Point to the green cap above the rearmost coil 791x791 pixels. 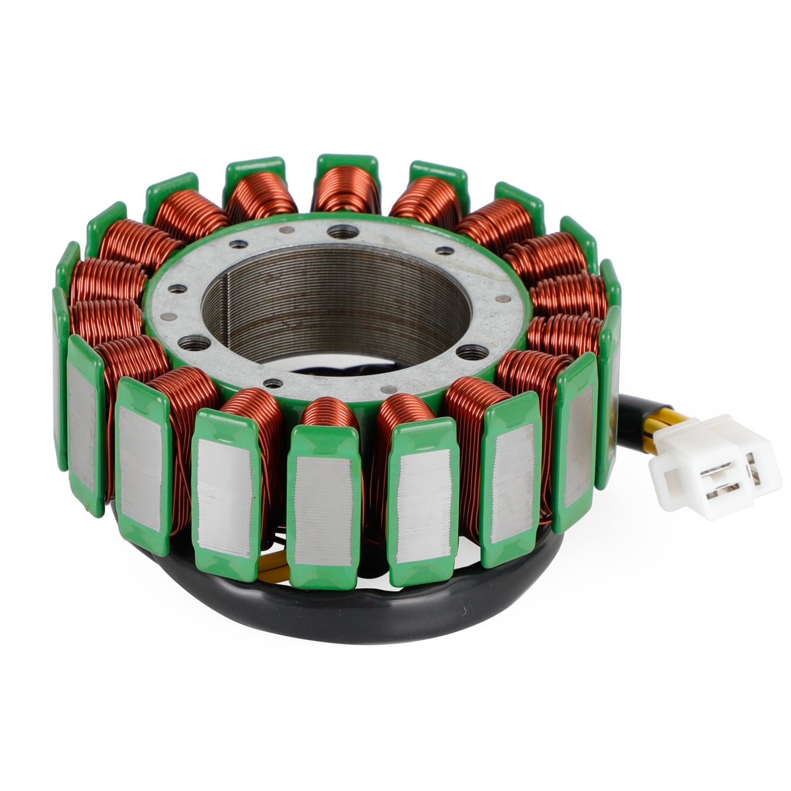tap(347, 166)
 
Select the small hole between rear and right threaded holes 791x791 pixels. tap(444, 250)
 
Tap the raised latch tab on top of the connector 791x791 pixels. tap(692, 430)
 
